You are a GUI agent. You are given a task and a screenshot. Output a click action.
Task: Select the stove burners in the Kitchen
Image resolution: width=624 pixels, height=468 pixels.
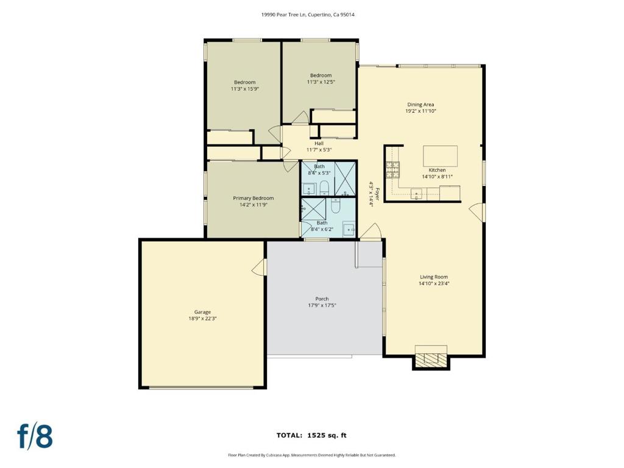392,168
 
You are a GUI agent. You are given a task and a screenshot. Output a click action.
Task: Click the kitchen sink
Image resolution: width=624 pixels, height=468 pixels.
417,194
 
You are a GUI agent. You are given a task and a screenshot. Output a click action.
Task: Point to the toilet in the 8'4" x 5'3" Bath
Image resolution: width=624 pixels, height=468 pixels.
324,186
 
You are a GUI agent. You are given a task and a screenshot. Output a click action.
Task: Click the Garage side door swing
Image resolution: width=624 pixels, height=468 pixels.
260,267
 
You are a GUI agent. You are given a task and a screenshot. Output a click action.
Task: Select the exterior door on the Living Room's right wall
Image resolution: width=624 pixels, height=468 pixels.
478,212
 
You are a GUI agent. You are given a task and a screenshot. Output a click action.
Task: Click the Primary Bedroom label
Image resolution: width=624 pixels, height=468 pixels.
253,198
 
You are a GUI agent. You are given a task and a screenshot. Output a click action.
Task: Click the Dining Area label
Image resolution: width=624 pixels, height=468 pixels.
420,105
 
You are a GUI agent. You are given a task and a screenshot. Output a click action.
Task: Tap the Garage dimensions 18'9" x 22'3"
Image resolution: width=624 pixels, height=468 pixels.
202,318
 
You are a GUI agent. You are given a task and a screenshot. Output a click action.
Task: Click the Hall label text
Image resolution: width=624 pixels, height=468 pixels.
319,143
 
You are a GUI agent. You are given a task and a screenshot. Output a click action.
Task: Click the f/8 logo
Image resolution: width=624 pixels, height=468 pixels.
35,436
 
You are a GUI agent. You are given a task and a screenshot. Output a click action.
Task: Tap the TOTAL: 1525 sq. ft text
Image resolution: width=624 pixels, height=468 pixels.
311,435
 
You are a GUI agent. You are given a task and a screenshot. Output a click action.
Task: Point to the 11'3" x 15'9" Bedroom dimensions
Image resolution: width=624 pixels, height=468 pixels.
245,89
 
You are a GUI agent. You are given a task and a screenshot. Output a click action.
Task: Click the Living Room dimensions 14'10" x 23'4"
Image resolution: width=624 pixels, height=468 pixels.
434,283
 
